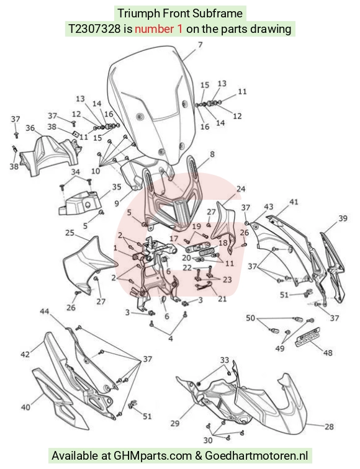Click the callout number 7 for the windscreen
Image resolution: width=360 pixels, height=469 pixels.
(200, 45)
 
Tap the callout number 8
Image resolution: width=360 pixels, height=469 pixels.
(212, 154)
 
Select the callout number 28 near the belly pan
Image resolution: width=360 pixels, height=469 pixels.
(329, 427)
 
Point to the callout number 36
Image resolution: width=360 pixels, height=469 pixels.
(30, 128)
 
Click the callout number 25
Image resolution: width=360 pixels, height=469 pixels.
(70, 233)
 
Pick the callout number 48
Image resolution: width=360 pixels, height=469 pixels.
(328, 352)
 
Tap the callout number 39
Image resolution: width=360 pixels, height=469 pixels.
(343, 218)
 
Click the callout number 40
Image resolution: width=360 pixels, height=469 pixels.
(25, 407)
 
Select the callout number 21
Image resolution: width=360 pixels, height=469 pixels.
(222, 298)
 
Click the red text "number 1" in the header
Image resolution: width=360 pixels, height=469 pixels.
(158, 29)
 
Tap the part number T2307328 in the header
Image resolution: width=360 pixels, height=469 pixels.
(94, 29)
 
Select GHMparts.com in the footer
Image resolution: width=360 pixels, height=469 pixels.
(153, 456)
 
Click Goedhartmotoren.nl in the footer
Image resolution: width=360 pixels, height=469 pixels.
(256, 455)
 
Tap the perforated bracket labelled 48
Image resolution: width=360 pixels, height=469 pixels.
(308, 337)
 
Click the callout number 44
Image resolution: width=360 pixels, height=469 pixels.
(45, 311)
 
